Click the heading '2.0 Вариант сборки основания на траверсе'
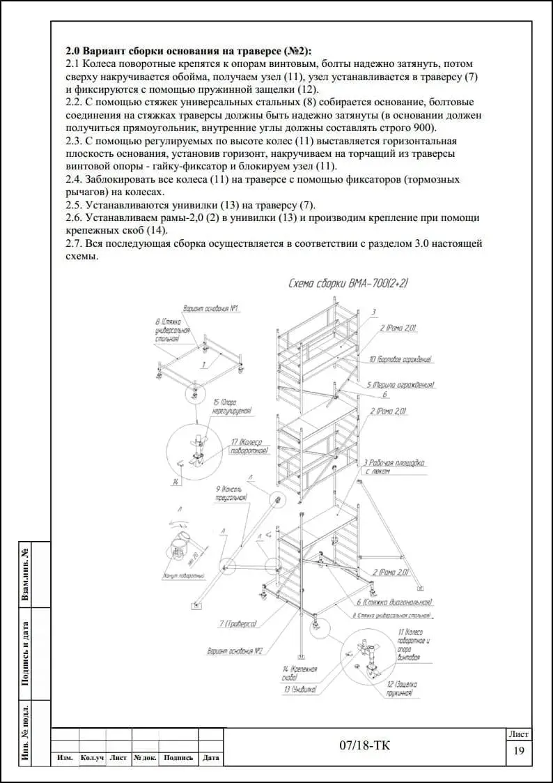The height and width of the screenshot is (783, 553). pos(189,51)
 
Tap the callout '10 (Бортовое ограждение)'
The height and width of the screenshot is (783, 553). pos(405,360)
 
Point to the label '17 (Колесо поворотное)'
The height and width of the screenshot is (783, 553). pos(249,447)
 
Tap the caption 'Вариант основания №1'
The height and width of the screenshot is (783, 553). pos(211,307)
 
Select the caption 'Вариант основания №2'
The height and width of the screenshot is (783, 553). pos(234,651)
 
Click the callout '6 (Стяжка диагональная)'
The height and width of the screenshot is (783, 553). pos(394,602)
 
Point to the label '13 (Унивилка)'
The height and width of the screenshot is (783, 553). pos(300,689)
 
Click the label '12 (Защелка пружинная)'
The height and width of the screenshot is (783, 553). pos(402,689)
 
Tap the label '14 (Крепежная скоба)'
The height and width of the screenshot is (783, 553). pos(300,673)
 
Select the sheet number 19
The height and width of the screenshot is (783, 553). pos(518,751)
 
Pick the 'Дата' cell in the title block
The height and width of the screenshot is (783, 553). pos(210,758)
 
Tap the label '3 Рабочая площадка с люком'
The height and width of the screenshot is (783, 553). pos(394,466)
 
